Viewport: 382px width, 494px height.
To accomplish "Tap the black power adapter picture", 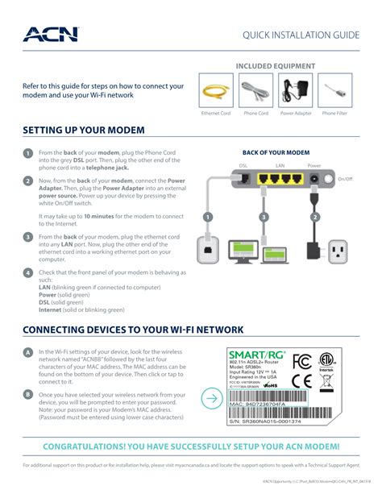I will [x=296, y=89].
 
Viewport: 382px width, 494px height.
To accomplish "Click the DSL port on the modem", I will [x=243, y=177].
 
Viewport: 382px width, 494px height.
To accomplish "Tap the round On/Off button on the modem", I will [x=329, y=178].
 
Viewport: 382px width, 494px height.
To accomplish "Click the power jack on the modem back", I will [x=313, y=178].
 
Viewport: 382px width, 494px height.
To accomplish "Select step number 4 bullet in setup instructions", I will [x=27, y=273].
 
